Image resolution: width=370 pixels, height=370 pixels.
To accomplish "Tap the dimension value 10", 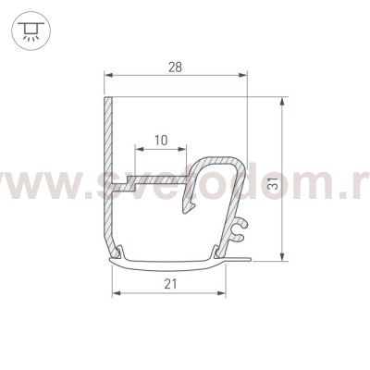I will [162, 141].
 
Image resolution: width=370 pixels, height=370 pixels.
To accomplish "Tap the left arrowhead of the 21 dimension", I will [116, 294].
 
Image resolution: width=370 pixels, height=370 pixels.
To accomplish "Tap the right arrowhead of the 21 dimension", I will [223, 294].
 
